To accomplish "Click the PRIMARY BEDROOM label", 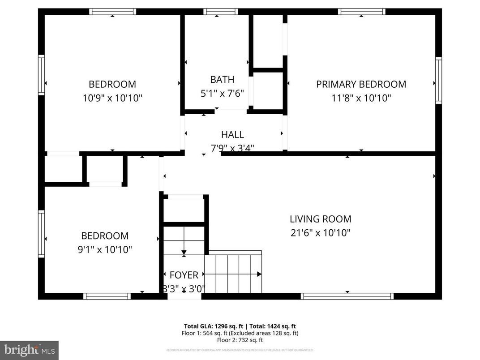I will point(361,84).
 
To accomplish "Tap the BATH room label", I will point(222,80).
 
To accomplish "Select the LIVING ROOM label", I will point(320,219).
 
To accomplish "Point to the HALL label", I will point(232,134).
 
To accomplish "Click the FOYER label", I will point(184,275).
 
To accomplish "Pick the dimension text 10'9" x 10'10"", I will point(112,98).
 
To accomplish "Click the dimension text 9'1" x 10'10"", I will point(104,249).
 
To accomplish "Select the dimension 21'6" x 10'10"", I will point(320,233).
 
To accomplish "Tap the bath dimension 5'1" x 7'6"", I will point(222,94).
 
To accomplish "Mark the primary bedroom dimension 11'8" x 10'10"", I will point(361,98).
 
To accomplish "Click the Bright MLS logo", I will point(29,349).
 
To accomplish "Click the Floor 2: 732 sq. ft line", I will point(240,340).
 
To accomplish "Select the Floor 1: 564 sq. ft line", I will point(240,333).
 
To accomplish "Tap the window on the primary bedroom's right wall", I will point(438,81).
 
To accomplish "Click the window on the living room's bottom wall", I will point(347,296).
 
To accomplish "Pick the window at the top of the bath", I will point(221,12).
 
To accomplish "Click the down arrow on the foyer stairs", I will point(184,253).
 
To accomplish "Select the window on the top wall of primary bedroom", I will point(361,12).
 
